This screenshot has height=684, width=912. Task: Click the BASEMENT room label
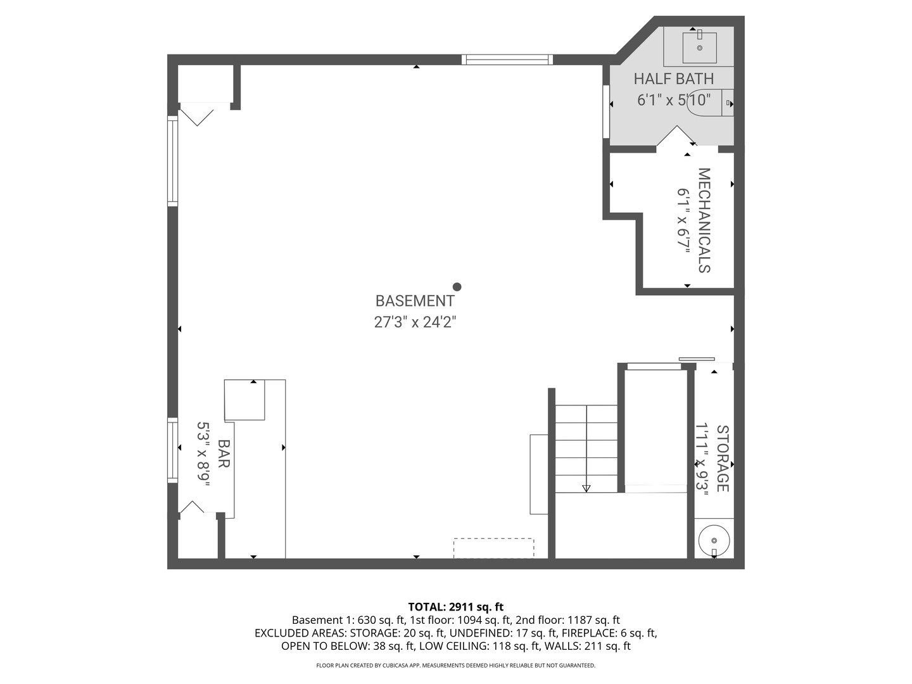click(x=415, y=301)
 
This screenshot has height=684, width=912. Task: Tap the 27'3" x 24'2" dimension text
click(x=415, y=322)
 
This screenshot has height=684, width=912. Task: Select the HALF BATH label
click(x=673, y=79)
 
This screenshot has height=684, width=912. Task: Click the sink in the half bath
click(x=699, y=47)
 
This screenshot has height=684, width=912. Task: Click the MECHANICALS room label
click(x=704, y=220)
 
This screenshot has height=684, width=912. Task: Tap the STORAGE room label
click(x=722, y=459)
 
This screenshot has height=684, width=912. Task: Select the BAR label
click(x=223, y=454)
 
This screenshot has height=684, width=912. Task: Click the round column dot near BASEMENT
click(x=457, y=287)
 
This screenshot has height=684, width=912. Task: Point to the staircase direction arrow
click(x=586, y=488)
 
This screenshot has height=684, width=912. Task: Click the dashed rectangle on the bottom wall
click(x=493, y=548)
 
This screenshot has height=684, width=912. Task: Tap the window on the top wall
click(x=507, y=60)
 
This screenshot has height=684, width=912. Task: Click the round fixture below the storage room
click(x=714, y=540)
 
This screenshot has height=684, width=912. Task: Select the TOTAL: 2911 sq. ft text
click(x=455, y=607)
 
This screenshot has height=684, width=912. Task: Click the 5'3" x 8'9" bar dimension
click(x=203, y=454)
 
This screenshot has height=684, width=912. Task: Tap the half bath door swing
click(x=676, y=137)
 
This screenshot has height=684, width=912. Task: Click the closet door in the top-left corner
click(x=197, y=115)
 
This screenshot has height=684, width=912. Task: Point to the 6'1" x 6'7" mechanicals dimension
click(x=683, y=220)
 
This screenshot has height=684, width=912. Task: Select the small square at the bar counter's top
click(x=244, y=400)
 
